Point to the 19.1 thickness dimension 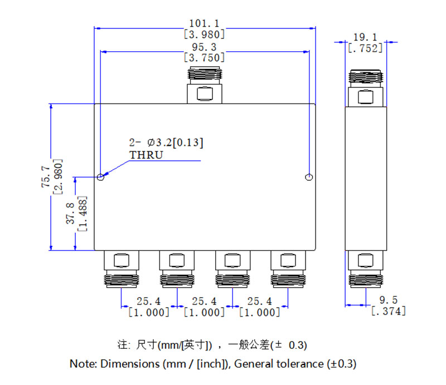(x=365, y=38)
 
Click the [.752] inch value (x=365, y=48)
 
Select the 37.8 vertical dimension (x=70, y=213)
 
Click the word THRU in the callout (x=146, y=155)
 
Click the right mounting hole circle (x=309, y=177)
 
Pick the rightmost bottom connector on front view (x=288, y=269)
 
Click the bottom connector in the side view (x=365, y=269)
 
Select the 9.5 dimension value (x=387, y=300)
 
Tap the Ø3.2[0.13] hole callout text (x=172, y=142)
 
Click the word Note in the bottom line (x=82, y=364)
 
